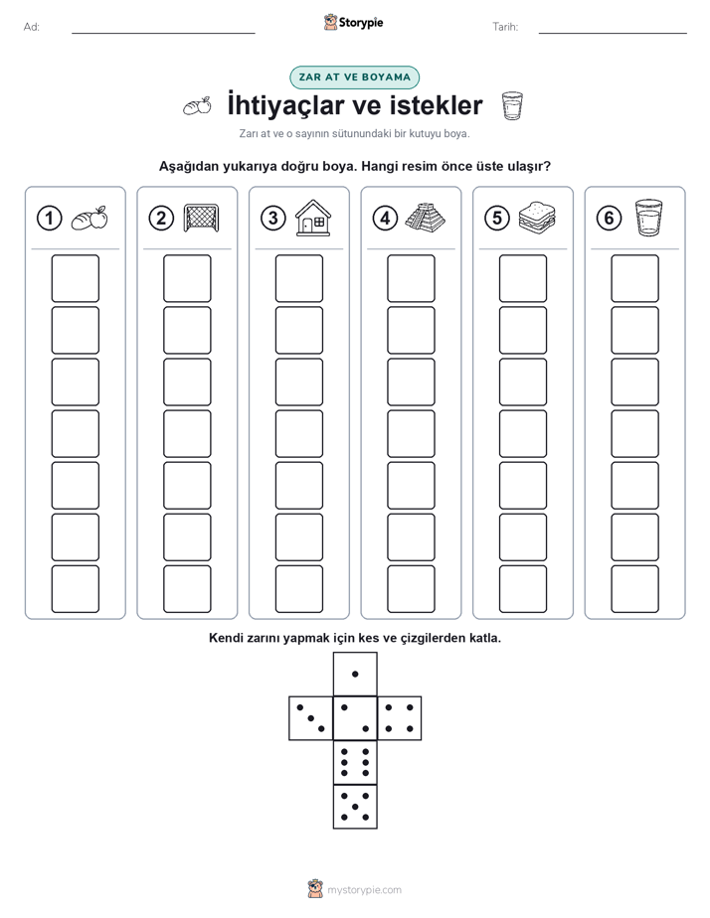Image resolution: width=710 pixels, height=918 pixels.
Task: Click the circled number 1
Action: tap(49, 219)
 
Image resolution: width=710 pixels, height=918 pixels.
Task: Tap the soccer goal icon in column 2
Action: tap(201, 218)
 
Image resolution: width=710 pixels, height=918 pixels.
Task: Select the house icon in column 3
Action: tap(313, 218)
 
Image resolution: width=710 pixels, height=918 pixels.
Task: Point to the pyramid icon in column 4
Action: tap(425, 218)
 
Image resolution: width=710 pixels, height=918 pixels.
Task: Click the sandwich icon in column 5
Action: tap(537, 218)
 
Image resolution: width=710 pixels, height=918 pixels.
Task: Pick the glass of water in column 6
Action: tap(648, 218)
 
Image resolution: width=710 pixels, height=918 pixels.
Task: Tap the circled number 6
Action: tap(610, 219)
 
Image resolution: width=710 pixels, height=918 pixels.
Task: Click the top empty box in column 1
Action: tap(75, 278)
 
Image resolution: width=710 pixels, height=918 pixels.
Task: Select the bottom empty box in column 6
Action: tap(635, 589)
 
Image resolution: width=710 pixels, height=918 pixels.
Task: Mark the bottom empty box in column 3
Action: tap(298, 589)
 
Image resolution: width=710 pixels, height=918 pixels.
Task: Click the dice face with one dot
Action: tap(355, 674)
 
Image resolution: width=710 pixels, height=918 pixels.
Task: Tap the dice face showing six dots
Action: tap(355, 762)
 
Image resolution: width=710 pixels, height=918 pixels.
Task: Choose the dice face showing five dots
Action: tap(355, 807)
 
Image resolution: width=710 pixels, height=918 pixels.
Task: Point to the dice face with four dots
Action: tap(400, 718)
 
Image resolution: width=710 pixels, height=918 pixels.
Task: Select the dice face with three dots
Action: tap(310, 718)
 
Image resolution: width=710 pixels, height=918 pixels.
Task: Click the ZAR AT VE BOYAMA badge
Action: tap(354, 77)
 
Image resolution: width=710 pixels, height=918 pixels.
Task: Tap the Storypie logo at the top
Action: tap(353, 22)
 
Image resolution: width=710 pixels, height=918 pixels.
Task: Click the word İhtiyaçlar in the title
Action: tap(293, 105)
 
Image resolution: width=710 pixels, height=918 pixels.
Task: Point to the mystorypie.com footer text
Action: tap(364, 890)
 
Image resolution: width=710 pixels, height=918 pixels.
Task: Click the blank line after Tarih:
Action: tap(613, 34)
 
